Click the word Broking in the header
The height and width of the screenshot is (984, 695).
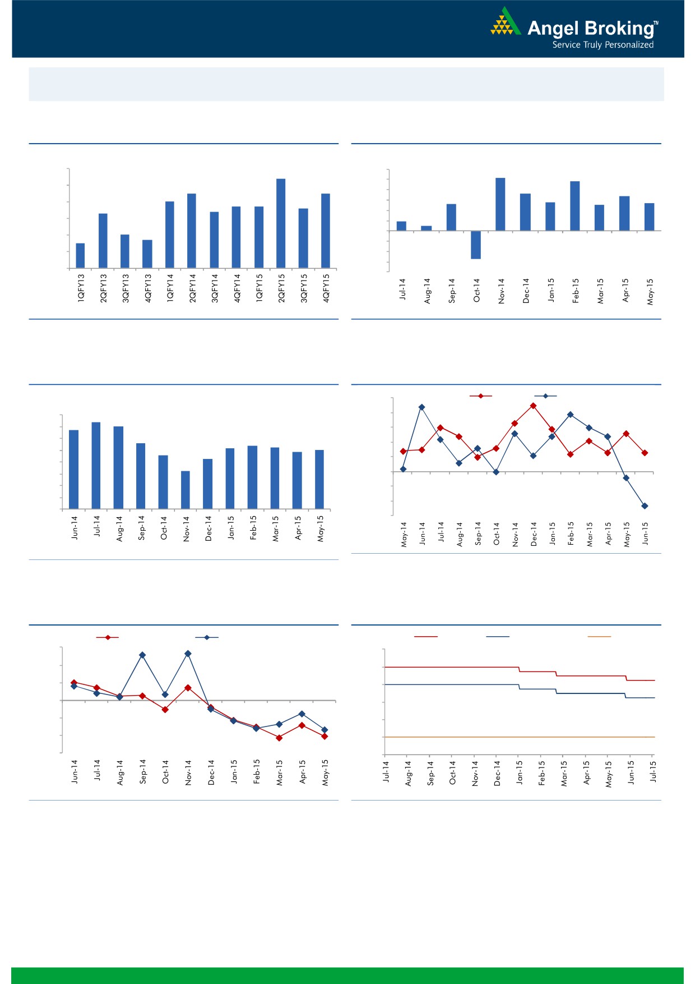(619, 28)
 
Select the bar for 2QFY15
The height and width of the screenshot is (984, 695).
(281, 223)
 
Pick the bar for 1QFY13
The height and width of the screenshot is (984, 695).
(80, 255)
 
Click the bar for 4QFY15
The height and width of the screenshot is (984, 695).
(326, 231)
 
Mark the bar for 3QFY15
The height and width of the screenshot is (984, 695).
(303, 238)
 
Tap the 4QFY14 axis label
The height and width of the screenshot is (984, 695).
(237, 288)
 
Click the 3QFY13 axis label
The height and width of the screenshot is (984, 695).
(126, 288)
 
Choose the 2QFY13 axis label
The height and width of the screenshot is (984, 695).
(103, 288)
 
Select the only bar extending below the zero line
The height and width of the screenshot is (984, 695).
(476, 245)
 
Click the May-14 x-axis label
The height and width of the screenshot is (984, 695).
(404, 534)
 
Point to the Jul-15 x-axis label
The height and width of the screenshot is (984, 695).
(653, 771)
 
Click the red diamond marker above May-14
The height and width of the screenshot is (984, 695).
(403, 451)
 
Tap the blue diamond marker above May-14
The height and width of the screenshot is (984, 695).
(403, 469)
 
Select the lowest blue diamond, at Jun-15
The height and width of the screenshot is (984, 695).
(645, 506)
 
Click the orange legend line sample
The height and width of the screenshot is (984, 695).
(599, 637)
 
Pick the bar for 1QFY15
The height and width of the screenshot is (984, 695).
(259, 237)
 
